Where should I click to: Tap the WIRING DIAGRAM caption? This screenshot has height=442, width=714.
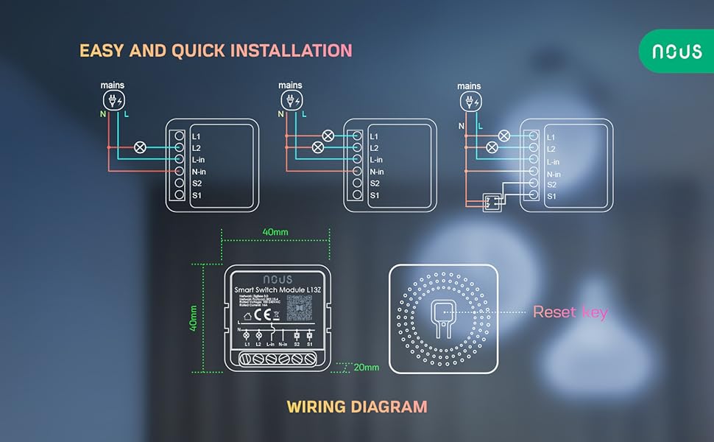356,407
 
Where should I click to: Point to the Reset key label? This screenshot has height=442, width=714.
570,312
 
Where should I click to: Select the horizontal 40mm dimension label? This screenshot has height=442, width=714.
275,232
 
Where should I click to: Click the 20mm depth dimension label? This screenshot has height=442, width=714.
365,367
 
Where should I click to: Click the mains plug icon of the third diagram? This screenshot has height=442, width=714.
470,100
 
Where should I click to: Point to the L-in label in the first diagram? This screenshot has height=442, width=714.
200,160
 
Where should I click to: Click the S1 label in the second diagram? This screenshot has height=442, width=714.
375,195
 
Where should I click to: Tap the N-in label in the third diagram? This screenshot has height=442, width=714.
554,174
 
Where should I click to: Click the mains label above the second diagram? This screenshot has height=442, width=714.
290,85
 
